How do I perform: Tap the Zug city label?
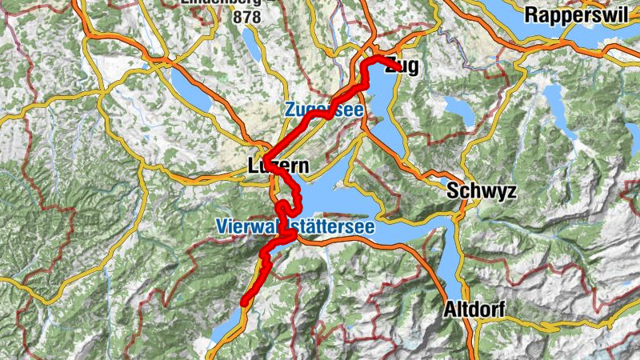tap(402, 66)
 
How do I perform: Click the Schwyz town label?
tap(482, 192)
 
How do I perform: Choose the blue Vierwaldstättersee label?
tap(294, 227)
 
